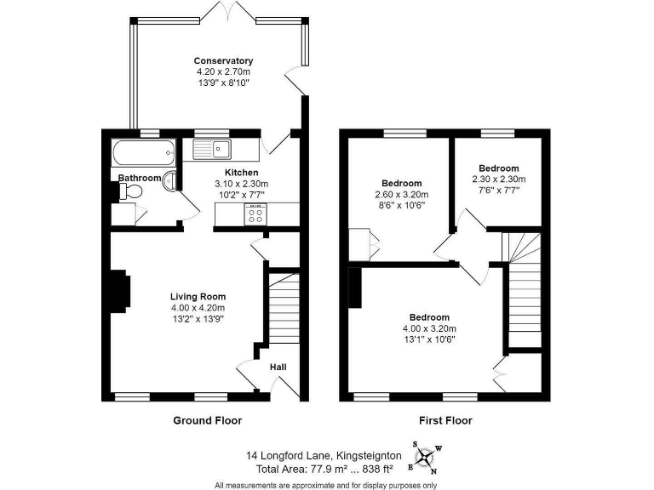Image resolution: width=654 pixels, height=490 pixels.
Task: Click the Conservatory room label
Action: point(223,60)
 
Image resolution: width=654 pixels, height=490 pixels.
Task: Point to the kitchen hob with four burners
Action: point(256,216)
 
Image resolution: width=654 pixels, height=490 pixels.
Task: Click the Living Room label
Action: point(197,296)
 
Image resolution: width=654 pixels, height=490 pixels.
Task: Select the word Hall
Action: point(278,367)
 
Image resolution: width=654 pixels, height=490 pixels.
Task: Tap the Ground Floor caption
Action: point(207,420)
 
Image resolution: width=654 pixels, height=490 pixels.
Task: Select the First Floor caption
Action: point(445,420)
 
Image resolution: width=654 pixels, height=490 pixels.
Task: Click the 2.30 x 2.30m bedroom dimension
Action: point(498,179)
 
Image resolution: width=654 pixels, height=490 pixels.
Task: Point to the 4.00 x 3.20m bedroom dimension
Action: point(429,328)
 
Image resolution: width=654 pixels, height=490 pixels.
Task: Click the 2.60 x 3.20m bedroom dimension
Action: point(401,195)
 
